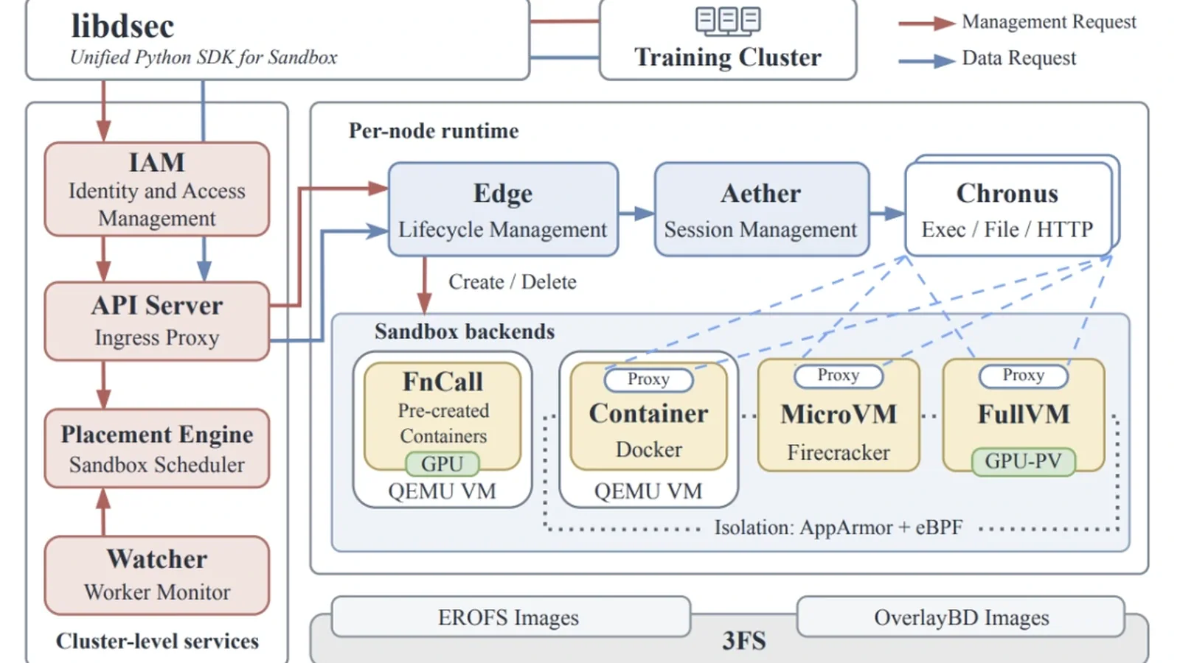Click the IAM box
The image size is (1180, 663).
point(157,189)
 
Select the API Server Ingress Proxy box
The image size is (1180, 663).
point(157,321)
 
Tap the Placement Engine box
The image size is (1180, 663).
point(157,449)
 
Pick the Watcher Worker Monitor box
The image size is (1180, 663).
point(157,575)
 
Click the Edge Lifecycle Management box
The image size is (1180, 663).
point(503,209)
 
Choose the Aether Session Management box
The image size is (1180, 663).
point(762,209)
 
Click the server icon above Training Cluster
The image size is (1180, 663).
point(728,21)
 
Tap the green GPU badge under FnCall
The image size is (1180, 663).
point(442,463)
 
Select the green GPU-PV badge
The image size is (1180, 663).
point(1023,461)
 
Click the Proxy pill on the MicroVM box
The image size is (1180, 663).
point(838,376)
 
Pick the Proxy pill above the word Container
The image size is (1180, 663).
point(648,379)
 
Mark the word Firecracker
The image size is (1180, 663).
point(838,452)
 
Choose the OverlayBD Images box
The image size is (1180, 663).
point(961,617)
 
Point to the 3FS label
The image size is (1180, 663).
point(744,641)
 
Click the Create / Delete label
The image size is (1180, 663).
point(513,282)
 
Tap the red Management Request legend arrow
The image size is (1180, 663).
point(926,23)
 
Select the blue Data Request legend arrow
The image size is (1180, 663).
point(926,60)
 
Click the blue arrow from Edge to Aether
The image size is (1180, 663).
point(636,213)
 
